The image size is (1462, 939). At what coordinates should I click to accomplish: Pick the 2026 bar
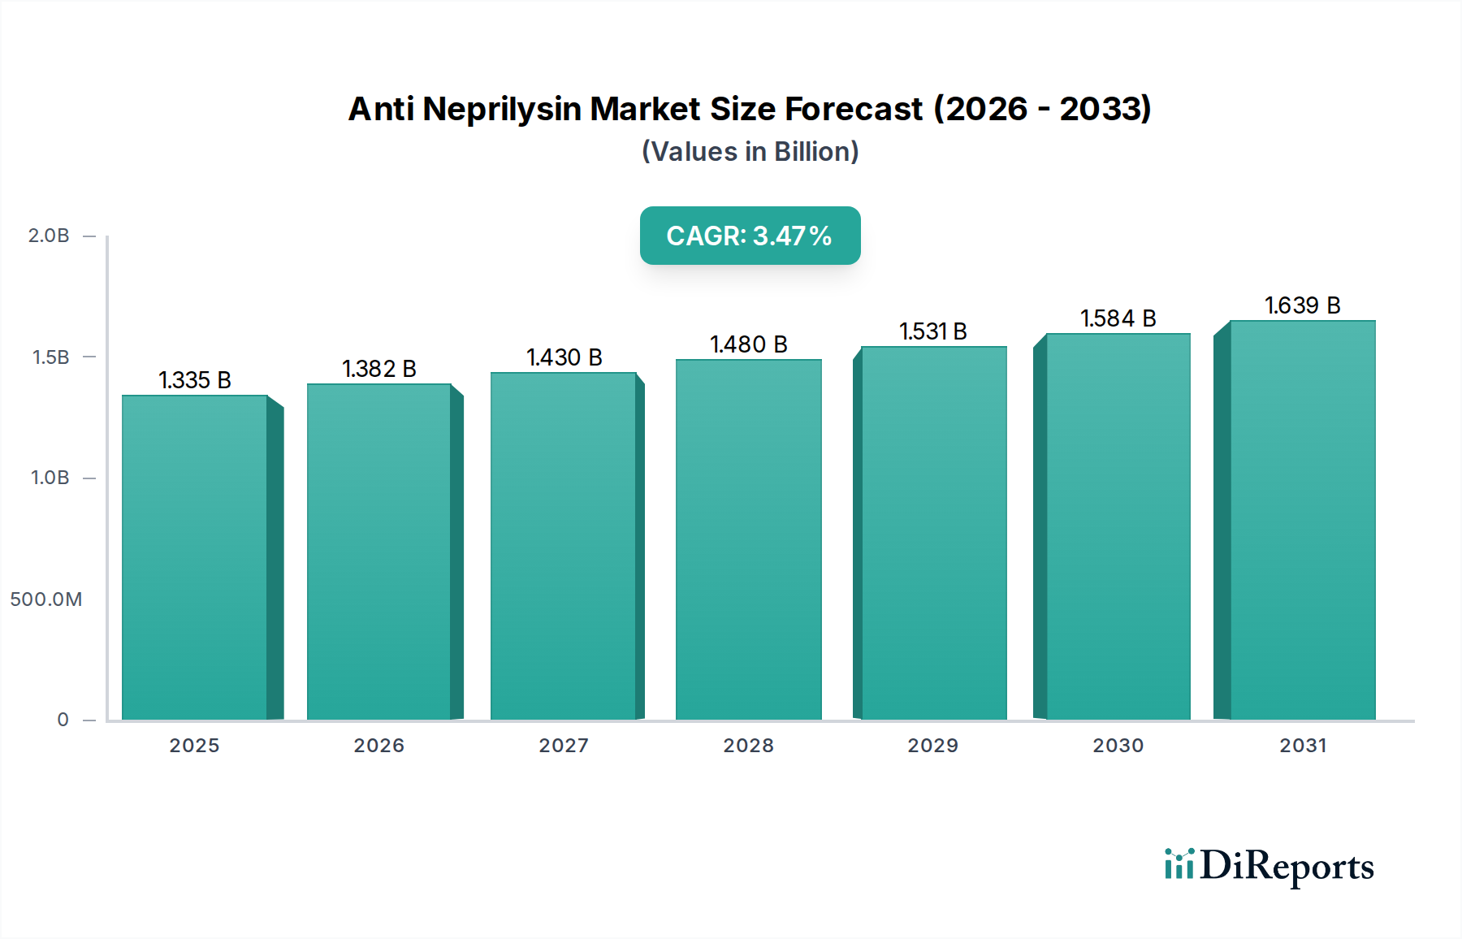[378, 552]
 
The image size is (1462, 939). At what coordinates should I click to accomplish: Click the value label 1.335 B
[195, 380]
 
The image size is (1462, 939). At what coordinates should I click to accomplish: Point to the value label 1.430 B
[564, 357]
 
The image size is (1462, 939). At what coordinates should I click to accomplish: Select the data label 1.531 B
[932, 331]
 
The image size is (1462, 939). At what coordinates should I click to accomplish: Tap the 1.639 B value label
[1302, 305]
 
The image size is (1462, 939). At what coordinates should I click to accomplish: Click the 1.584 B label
[1118, 318]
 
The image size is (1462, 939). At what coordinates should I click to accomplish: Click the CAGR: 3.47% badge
[750, 236]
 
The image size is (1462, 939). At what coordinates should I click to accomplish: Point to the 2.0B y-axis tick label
[49, 236]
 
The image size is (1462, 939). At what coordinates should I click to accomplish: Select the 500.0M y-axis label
[46, 599]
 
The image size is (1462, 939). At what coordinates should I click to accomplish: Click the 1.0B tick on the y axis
[50, 478]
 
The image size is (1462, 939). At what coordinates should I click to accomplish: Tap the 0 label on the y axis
[63, 720]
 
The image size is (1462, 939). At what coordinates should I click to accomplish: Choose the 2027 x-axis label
[564, 746]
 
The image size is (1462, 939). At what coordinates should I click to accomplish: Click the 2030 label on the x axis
[1118, 746]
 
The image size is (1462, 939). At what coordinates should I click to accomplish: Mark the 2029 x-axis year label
[932, 746]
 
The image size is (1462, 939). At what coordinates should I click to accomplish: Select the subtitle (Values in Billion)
[750, 152]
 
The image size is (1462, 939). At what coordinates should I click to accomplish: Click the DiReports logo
[1269, 866]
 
